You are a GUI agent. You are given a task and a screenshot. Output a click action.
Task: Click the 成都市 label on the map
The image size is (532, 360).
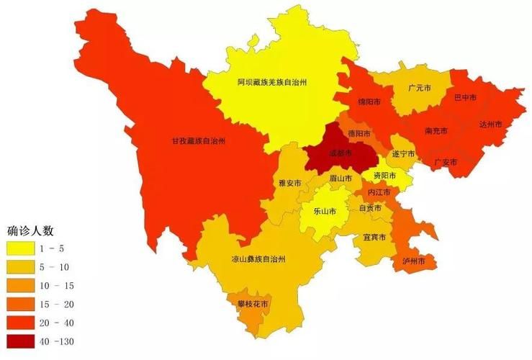click(340, 154)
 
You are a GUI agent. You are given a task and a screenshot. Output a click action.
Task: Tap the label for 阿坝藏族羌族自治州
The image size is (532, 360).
click(272, 83)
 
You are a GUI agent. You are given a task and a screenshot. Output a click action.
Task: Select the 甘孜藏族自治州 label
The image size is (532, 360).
click(198, 141)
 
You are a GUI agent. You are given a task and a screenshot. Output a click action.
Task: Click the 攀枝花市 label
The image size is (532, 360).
click(253, 304)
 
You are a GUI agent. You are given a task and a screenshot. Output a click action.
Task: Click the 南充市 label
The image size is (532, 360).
click(436, 131)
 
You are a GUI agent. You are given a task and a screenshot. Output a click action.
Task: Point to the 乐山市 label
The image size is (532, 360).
click(326, 212)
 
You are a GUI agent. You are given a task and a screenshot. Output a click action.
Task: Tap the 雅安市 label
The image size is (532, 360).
click(289, 184)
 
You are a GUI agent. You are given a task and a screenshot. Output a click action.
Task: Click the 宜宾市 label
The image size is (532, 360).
click(374, 237)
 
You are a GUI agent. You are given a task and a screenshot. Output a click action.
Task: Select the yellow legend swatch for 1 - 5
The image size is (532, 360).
click(22, 248)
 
